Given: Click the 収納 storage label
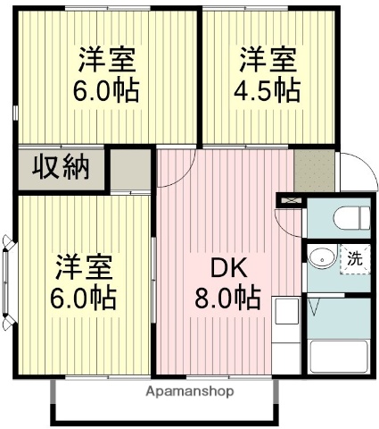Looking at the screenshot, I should point(62,166).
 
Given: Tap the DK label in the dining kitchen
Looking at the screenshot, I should point(228,267).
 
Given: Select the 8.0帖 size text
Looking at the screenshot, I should point(228,297).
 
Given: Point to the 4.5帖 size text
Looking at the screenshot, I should point(268,90).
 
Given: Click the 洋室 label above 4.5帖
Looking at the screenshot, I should point(268,61).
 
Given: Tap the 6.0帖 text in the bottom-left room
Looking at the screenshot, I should point(86,297).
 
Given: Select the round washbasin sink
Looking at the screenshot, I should point(320,260).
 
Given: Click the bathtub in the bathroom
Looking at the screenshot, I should point(338,357).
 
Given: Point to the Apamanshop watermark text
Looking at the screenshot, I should point(190,391).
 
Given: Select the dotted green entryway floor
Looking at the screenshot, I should point(314,170).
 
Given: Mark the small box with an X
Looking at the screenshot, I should point(289,201).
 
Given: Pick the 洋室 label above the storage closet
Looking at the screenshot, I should point(106,61).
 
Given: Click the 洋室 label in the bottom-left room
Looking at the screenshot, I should point(86,267).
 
